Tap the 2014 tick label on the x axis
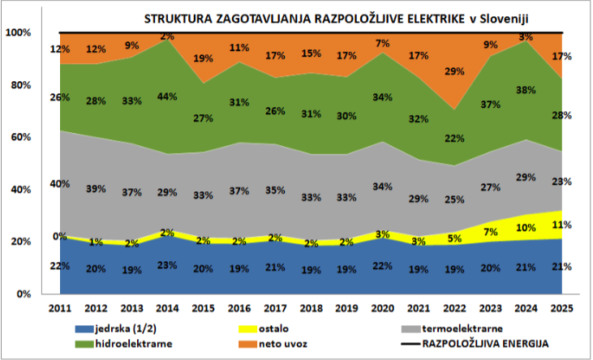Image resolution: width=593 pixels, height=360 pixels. (x=167, y=308)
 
